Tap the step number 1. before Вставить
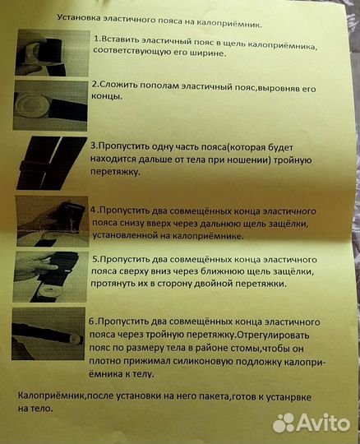(x=97, y=39)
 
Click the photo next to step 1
(x=52, y=52)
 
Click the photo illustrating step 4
(x=51, y=217)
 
